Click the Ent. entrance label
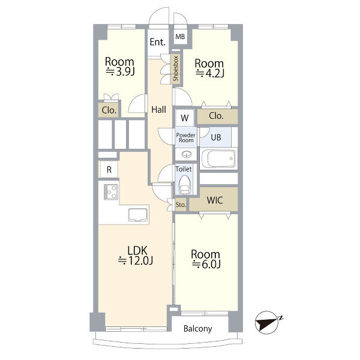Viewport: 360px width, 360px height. point(157,42)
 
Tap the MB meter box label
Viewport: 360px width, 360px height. point(180,37)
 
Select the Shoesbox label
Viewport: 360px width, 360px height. point(176,68)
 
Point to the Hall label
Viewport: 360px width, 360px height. point(158,110)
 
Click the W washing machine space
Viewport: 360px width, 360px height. point(185,118)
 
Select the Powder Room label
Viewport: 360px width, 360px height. point(186,138)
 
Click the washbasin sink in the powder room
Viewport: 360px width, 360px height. point(186,154)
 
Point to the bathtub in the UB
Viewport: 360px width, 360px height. point(219,158)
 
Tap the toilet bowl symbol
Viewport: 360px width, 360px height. point(184,184)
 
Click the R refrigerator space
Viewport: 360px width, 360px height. point(109,169)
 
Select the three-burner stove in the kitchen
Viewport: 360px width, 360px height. point(111,192)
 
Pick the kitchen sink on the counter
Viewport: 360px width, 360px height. point(138,215)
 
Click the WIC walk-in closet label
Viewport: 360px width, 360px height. point(215,200)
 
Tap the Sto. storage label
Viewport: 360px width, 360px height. point(181,205)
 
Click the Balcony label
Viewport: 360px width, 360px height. point(197,329)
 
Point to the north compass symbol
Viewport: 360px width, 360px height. point(268,323)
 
